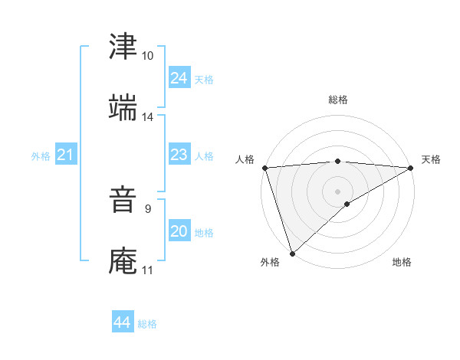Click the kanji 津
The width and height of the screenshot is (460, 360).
[x=123, y=46]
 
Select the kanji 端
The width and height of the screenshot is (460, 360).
[x=123, y=107]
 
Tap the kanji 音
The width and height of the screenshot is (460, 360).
[x=123, y=199]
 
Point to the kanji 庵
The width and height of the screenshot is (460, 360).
[x=123, y=260]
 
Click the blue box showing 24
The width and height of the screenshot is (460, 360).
[x=179, y=78]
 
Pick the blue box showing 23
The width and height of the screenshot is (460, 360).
[x=179, y=155]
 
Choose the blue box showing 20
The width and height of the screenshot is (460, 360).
[x=179, y=231]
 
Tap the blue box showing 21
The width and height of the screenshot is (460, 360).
[x=65, y=155]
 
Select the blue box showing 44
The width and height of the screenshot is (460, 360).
[x=122, y=322]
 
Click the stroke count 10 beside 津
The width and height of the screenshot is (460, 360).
[x=147, y=56]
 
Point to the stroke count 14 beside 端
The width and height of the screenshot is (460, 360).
[x=147, y=117]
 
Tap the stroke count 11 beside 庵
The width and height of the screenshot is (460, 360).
[x=147, y=270]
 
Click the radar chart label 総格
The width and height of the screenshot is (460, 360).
[x=337, y=100]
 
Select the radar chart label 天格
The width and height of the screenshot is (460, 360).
[x=431, y=159]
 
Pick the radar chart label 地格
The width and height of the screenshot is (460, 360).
[x=402, y=263]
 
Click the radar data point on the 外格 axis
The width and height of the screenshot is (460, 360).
[x=291, y=254]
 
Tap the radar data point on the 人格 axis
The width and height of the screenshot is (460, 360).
[x=264, y=168]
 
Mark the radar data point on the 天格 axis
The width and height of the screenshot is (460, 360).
[x=411, y=168]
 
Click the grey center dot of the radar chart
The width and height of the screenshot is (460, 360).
[x=337, y=191]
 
